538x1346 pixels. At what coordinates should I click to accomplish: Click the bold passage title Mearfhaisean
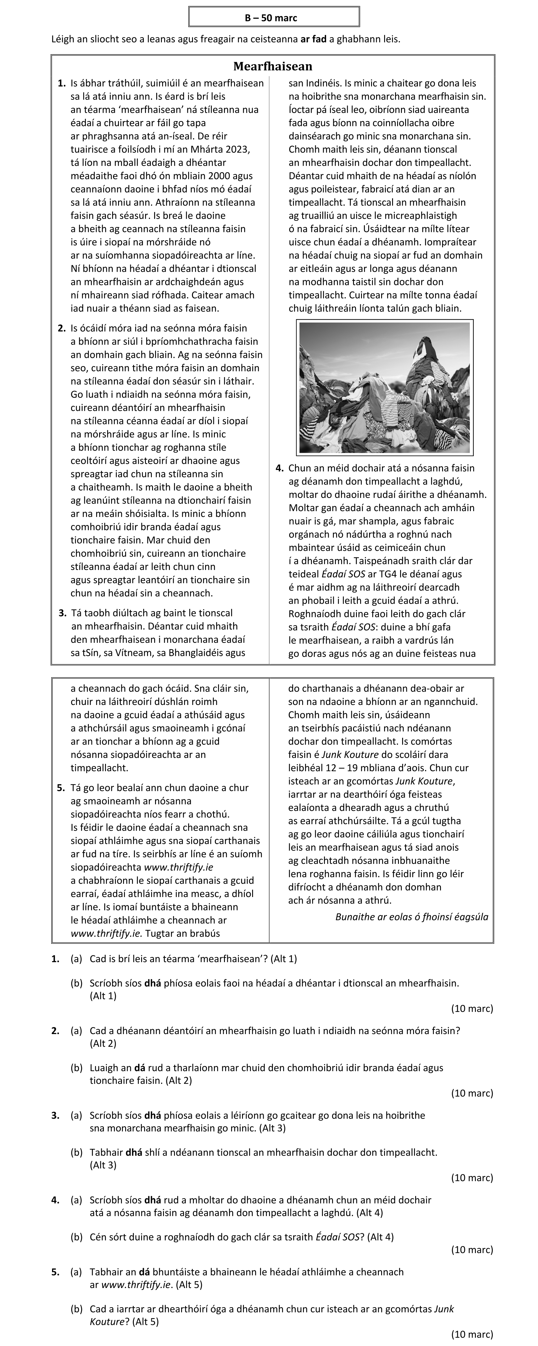click(x=273, y=66)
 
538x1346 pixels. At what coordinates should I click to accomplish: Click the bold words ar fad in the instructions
click(x=313, y=39)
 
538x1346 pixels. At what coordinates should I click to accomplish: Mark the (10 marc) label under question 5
click(x=472, y=1334)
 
